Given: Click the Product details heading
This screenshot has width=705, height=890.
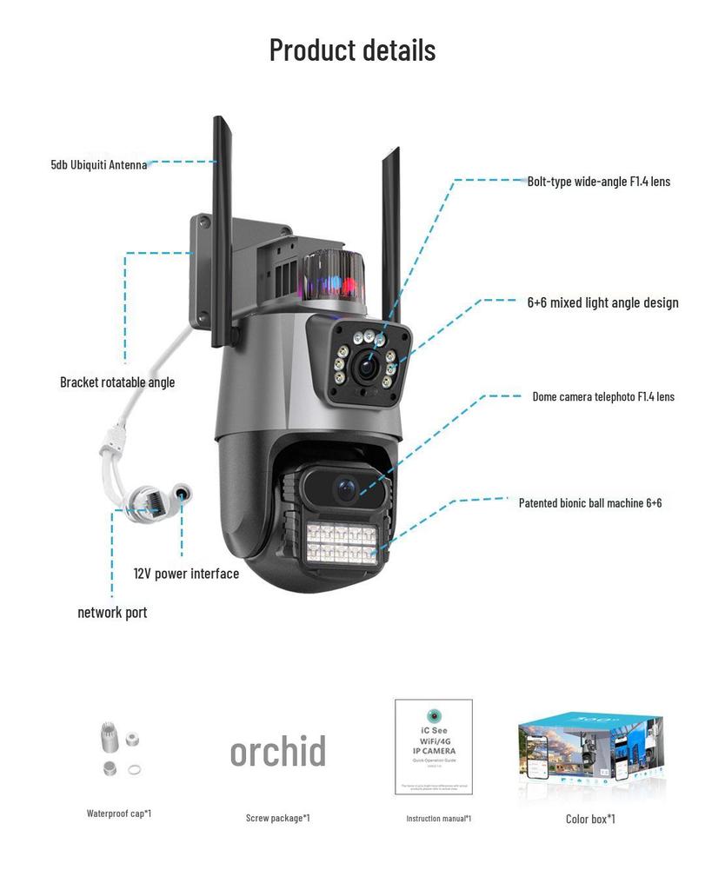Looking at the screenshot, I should (x=352, y=50).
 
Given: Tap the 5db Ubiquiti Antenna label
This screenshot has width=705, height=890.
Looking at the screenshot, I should (x=98, y=163).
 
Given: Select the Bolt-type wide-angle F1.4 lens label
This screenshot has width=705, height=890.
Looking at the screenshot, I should (x=598, y=182).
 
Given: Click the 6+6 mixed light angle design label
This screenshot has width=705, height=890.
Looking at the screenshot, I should (x=602, y=302).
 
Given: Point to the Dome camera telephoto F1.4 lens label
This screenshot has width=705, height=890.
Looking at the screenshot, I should (x=602, y=396).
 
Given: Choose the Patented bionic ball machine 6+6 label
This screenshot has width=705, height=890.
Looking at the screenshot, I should (x=590, y=502).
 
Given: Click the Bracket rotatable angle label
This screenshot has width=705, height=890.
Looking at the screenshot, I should (x=117, y=382).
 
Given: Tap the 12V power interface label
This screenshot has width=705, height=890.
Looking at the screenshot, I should (x=186, y=574).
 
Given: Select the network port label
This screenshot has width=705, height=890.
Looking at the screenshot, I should (x=112, y=612).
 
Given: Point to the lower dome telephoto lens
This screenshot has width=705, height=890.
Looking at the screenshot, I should (x=346, y=488).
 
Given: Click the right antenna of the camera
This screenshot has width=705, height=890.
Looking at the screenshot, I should (x=389, y=235).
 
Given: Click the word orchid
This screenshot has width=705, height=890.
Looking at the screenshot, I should (x=278, y=751).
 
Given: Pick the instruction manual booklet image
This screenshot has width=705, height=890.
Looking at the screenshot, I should (x=434, y=747).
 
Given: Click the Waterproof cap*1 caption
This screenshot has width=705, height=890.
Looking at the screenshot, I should (x=119, y=814).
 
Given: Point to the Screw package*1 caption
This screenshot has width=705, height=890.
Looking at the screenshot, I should (x=277, y=818).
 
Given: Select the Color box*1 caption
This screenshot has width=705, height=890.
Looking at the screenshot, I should (x=590, y=818).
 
